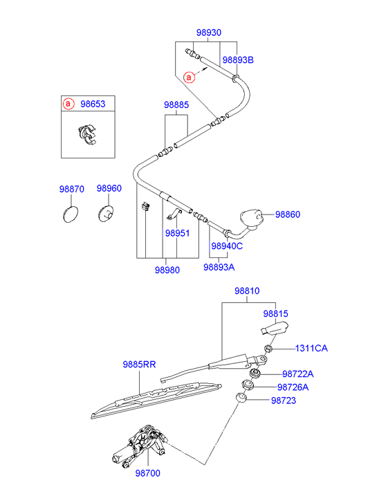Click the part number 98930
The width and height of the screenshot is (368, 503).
point(208,33)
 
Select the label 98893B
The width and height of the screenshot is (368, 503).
point(238,60)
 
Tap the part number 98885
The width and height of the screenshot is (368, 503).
point(176,104)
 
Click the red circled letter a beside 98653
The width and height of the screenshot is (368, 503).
point(68,104)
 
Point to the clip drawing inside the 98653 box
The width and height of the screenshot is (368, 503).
point(87,134)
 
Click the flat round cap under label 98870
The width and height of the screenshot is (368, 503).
point(71,214)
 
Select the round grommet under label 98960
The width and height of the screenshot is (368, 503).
point(106,214)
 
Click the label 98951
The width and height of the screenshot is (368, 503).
point(177,233)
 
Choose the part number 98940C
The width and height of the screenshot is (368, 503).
point(227,246)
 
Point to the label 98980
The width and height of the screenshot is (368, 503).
point(167,270)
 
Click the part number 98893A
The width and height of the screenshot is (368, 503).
point(219,267)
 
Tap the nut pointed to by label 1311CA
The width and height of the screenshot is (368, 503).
point(268,349)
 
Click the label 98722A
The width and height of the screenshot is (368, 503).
point(297,374)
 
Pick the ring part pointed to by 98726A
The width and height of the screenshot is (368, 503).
point(248,385)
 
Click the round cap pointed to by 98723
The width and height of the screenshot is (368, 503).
point(241,398)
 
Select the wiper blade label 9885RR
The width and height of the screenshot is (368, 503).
point(139,365)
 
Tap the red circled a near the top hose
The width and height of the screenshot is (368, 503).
point(189,77)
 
